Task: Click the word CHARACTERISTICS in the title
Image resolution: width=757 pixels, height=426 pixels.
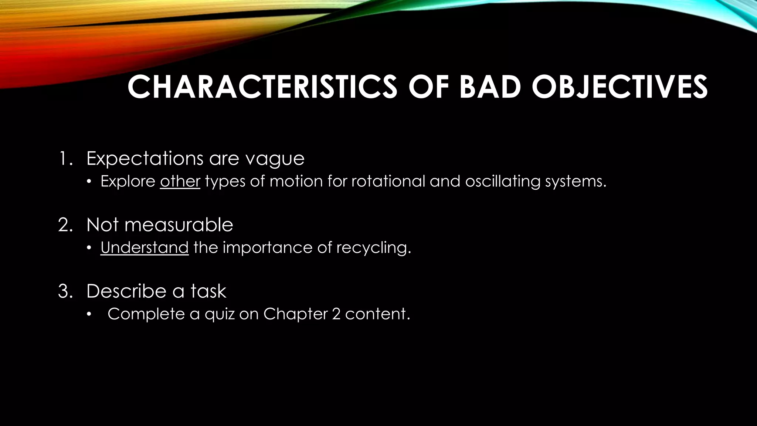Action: point(262,87)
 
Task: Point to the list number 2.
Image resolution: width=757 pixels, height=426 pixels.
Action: point(64,225)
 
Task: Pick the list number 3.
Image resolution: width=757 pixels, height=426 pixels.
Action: point(64,291)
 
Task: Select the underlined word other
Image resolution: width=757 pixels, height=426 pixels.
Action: point(180,181)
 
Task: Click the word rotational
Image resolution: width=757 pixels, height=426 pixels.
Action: point(388,181)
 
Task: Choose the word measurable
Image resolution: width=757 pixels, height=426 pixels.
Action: point(179,225)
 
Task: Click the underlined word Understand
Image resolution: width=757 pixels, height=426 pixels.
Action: point(145,247)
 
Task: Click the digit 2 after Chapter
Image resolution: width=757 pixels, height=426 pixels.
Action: point(336,314)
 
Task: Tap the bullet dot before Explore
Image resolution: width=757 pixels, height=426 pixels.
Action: point(89,182)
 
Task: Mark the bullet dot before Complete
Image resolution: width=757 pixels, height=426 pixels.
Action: point(89,315)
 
